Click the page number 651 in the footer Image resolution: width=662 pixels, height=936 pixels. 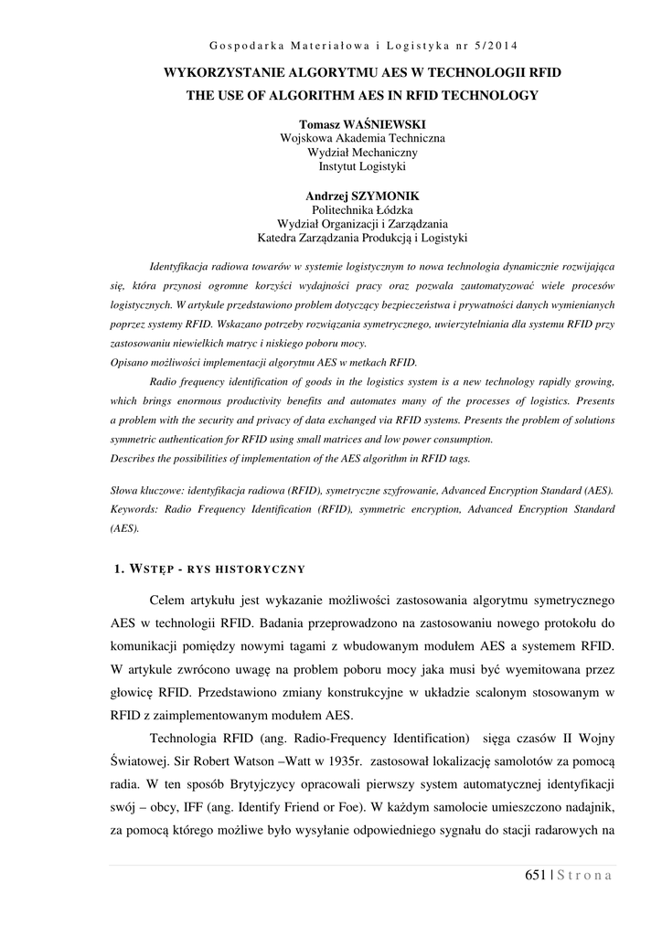tap(536, 876)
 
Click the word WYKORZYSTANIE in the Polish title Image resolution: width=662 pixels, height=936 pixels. tap(221, 71)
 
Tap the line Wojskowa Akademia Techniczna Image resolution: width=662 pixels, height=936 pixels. tap(361, 138)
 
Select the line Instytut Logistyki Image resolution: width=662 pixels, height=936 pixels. tap(361, 167)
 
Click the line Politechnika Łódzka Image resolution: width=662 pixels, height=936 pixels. tap(362, 210)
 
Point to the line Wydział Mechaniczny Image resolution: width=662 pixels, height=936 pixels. tap(361, 153)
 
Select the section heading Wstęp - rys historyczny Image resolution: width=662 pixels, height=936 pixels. tap(207, 570)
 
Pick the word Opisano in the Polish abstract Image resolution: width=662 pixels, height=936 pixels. tap(129, 362)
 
